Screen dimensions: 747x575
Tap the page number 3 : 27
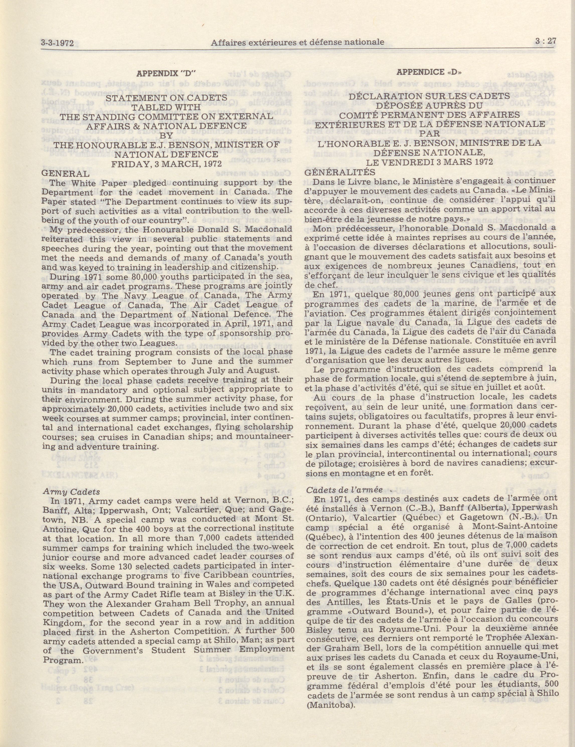(x=545, y=41)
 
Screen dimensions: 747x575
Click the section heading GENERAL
(x=65, y=173)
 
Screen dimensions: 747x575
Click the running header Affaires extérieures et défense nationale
(x=297, y=42)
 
